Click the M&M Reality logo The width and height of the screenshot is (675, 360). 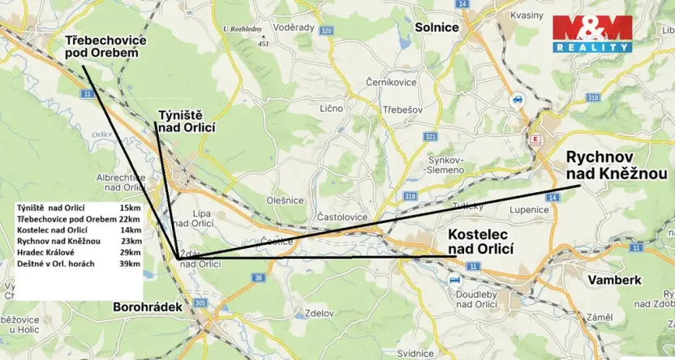(592, 34)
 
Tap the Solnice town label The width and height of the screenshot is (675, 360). (436, 27)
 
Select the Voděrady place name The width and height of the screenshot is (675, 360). (294, 27)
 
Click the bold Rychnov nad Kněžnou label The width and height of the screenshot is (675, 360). (616, 165)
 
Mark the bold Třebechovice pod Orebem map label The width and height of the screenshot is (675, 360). (102, 45)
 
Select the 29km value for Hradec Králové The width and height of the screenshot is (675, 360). (130, 253)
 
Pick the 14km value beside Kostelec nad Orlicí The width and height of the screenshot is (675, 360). (130, 230)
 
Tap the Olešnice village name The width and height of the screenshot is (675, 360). (285, 200)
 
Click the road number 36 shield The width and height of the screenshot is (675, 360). (258, 278)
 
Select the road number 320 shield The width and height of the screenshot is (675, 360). (326, 31)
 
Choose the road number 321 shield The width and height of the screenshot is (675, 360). (430, 137)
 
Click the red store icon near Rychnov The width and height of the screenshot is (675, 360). (534, 139)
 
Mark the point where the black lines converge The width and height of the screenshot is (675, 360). (178, 258)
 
